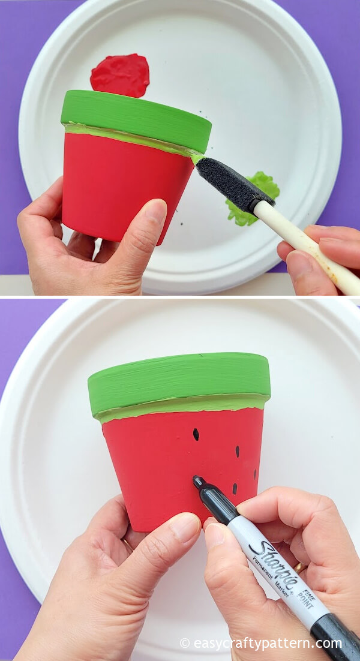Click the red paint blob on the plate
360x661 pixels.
coord(121,75)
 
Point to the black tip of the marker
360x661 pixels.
coord(196,479)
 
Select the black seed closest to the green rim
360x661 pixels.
coord(196,434)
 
